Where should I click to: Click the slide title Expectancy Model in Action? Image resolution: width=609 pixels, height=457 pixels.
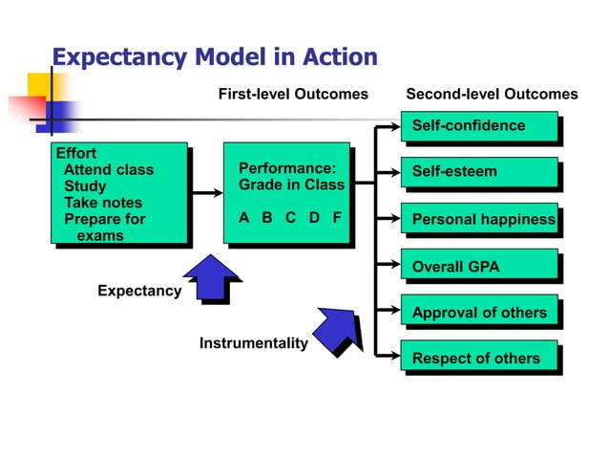(214, 56)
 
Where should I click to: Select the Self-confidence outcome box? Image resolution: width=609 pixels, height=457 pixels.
(477, 126)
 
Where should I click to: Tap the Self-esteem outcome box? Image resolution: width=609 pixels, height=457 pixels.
(477, 172)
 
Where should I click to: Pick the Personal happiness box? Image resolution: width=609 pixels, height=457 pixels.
(477, 219)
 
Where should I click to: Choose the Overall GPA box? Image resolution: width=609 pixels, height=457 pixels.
(477, 266)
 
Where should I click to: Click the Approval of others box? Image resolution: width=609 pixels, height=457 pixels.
(477, 313)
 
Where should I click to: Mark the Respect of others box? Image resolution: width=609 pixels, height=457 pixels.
(477, 359)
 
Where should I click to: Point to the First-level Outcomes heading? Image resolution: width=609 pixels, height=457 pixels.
(293, 94)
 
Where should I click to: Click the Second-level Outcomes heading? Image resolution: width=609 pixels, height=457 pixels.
(492, 94)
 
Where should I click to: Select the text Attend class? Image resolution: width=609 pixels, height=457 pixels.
(108, 170)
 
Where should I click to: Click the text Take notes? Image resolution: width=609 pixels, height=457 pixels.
(102, 203)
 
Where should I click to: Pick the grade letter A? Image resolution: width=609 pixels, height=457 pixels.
(243, 217)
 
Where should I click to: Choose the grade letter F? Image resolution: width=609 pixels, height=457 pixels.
(337, 217)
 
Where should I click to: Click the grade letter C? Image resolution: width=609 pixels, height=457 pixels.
(290, 217)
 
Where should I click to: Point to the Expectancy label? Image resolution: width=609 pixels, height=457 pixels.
(139, 291)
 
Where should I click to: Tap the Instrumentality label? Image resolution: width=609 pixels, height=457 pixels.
(253, 342)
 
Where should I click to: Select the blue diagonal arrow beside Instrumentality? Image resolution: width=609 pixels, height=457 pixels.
(338, 328)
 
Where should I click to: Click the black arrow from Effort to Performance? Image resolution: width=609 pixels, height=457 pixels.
(204, 194)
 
